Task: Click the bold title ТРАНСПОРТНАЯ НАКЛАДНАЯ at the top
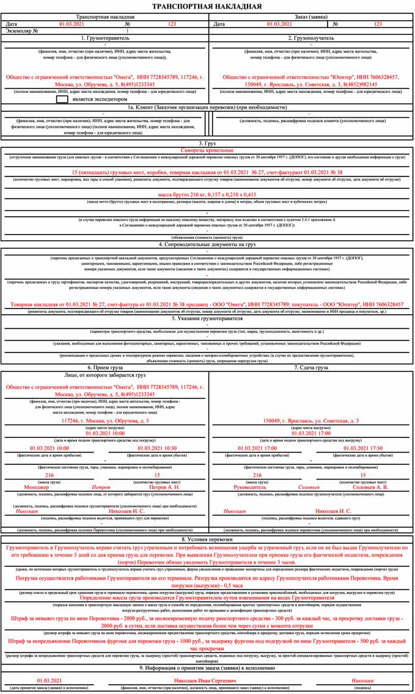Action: (207, 7)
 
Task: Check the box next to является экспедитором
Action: (62, 98)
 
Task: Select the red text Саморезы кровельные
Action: (207, 150)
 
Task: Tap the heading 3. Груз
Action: (207, 143)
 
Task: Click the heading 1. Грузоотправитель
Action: (105, 38)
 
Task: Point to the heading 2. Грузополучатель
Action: (311, 38)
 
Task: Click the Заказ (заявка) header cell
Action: (311, 17)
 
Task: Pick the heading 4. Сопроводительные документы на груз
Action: (207, 244)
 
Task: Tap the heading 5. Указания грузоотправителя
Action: (207, 318)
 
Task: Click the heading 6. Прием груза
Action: (105, 368)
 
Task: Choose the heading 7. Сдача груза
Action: (311, 368)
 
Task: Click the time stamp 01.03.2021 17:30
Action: (363, 448)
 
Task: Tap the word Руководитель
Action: (251, 488)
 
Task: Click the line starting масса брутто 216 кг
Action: (207, 194)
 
